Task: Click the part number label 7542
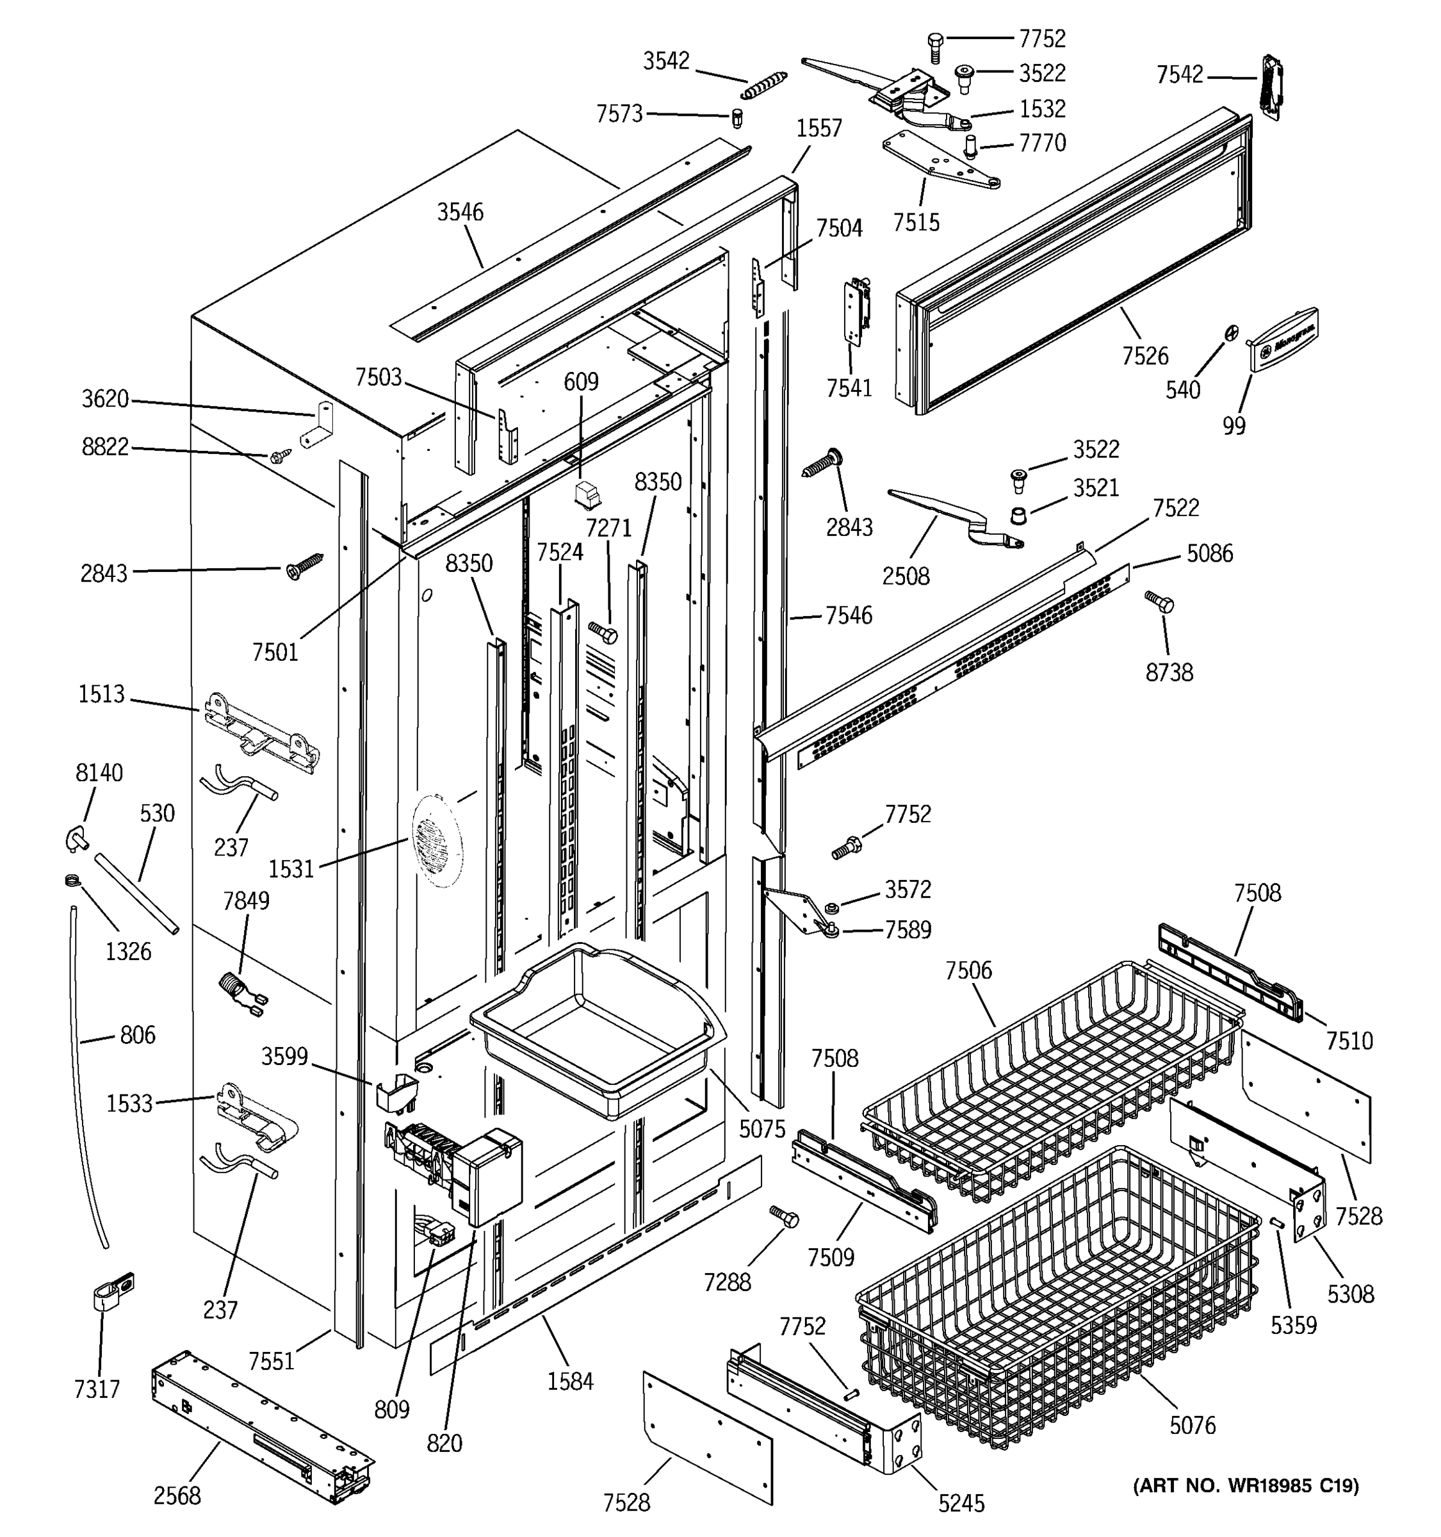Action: coord(1180,75)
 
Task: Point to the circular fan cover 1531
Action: coord(437,838)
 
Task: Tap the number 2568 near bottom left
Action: coord(177,1495)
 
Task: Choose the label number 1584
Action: coord(571,1380)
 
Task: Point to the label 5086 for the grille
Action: coord(1210,553)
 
